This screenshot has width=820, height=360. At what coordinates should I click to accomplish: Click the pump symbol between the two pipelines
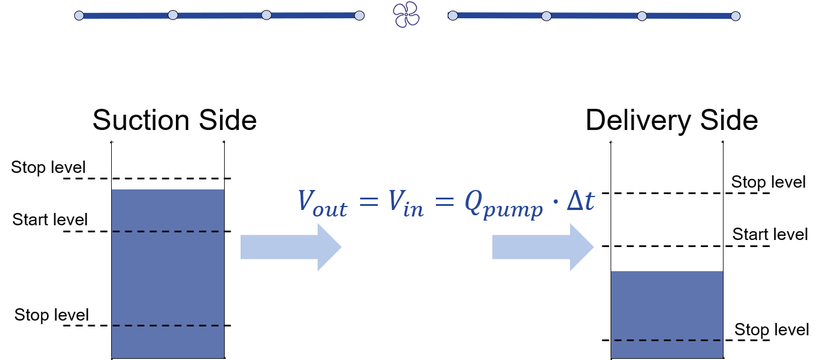pyautogui.click(x=406, y=15)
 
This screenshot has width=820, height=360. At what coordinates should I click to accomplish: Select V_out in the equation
pyautogui.click(x=322, y=202)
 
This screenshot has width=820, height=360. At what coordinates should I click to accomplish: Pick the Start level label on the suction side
pyautogui.click(x=50, y=221)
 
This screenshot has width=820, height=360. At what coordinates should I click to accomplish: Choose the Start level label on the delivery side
pyautogui.click(x=770, y=235)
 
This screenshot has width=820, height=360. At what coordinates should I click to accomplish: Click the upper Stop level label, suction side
pyautogui.click(x=49, y=168)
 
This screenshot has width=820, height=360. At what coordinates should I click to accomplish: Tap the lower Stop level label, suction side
pyautogui.click(x=52, y=315)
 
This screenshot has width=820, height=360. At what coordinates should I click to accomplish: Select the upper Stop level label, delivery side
pyautogui.click(x=768, y=182)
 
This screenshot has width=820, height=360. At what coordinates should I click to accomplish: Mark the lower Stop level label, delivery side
pyautogui.click(x=771, y=330)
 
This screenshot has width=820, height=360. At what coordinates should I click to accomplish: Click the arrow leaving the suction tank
pyautogui.click(x=291, y=246)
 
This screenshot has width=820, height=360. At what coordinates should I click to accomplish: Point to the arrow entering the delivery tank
pyautogui.click(x=542, y=246)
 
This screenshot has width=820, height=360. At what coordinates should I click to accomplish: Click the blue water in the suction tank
pyautogui.click(x=168, y=276)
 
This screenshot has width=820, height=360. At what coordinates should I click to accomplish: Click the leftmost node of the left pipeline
pyautogui.click(x=79, y=16)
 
